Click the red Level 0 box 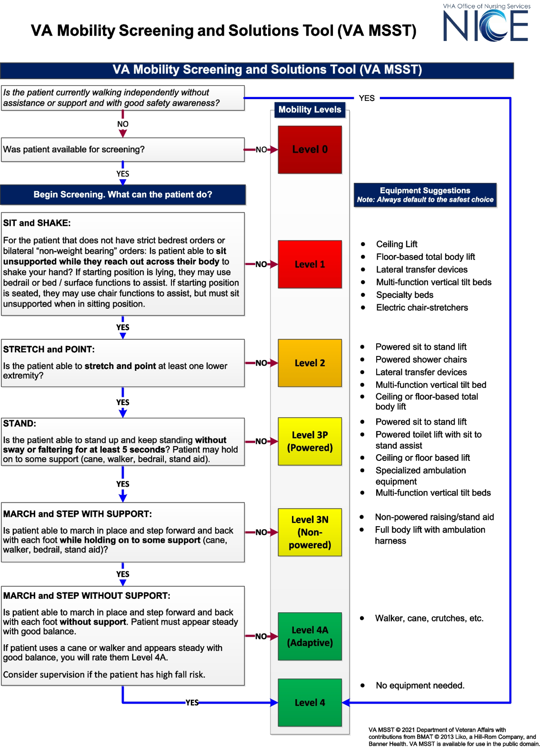click(310, 150)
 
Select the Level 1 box click(310, 264)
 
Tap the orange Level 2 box click(310, 363)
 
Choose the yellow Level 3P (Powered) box click(310, 442)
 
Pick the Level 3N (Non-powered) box click(310, 532)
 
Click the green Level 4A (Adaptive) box click(310, 636)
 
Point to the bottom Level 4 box click(310, 702)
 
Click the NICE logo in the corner click(486, 25)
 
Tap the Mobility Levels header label click(310, 109)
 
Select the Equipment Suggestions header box click(425, 195)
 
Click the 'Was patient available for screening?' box click(122, 150)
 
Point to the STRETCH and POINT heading click(49, 349)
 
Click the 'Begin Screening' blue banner click(122, 195)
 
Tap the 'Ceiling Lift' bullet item click(396, 244)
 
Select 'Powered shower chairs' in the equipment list click(421, 360)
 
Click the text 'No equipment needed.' click(420, 685)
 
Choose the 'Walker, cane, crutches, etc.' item click(429, 618)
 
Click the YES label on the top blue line click(367, 98)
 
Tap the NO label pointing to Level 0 click(261, 150)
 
